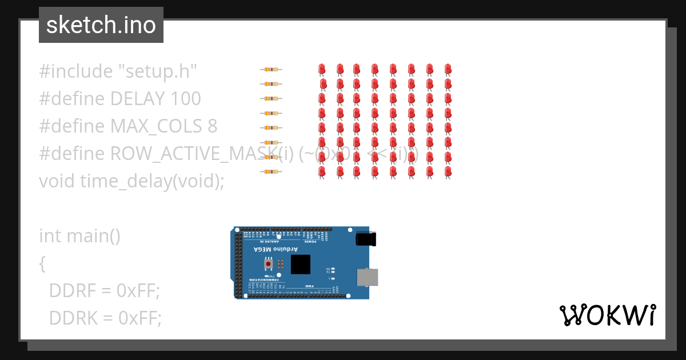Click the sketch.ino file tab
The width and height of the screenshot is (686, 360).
pyautogui.click(x=101, y=25)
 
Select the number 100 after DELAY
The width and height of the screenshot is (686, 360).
pyautogui.click(x=186, y=99)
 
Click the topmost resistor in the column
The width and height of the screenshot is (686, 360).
pyautogui.click(x=271, y=70)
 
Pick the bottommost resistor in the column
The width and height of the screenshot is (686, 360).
pyautogui.click(x=271, y=171)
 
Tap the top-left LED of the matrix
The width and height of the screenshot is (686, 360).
pyautogui.click(x=322, y=70)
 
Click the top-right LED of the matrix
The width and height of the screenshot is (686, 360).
pyautogui.click(x=448, y=70)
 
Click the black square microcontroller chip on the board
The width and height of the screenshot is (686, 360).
pyautogui.click(x=301, y=265)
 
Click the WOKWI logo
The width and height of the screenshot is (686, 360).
pyautogui.click(x=608, y=315)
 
